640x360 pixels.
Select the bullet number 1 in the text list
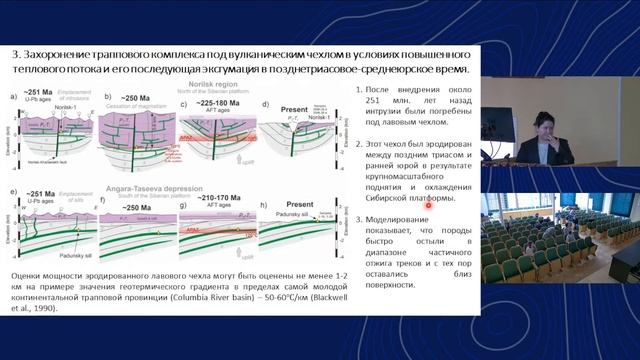pos(358,92)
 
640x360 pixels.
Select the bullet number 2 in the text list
pos(358,145)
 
